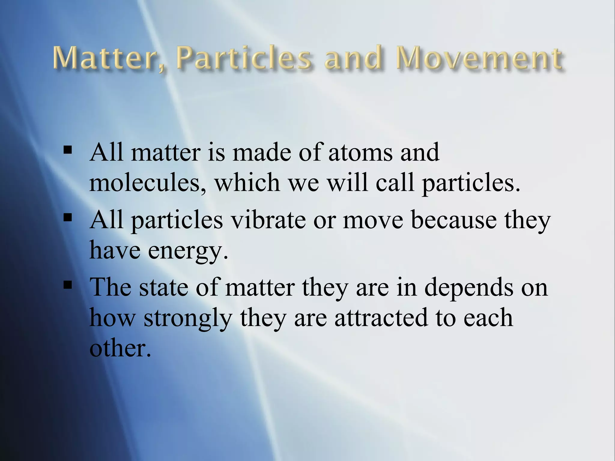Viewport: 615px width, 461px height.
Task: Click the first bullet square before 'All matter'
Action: pos(68,149)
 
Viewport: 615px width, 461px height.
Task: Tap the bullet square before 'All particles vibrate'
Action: pos(68,217)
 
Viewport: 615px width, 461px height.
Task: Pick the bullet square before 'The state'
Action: pos(68,284)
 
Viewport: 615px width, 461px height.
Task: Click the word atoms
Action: pos(360,152)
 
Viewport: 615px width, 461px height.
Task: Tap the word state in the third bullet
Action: pos(164,288)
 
